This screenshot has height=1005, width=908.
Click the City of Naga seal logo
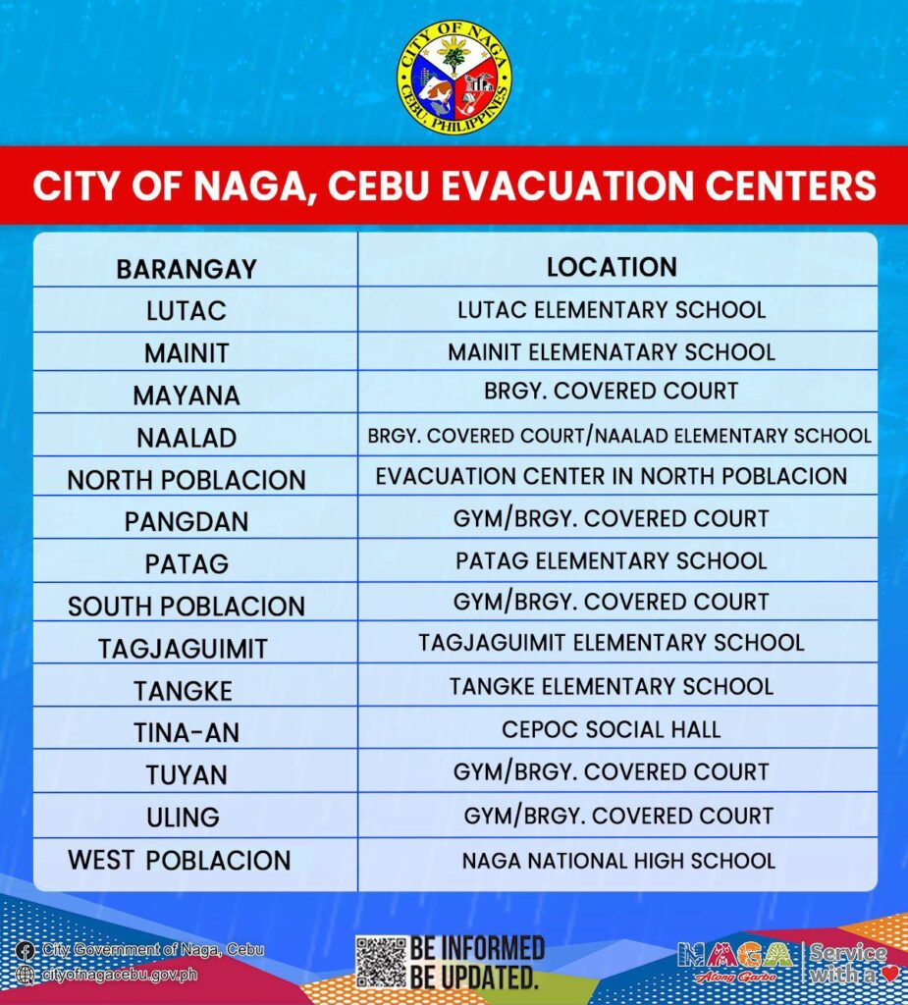[454, 77]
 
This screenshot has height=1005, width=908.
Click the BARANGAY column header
[187, 269]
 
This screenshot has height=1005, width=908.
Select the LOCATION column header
[612, 267]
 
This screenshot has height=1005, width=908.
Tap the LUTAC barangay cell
[187, 311]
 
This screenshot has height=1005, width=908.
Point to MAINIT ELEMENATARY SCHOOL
[612, 351]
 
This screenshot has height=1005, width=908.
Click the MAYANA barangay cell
[187, 396]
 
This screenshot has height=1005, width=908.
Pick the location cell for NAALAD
[619, 435]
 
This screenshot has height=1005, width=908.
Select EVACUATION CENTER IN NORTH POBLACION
[611, 476]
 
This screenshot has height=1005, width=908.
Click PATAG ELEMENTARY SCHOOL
[611, 560]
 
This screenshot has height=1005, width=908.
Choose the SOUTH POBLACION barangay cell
[187, 606]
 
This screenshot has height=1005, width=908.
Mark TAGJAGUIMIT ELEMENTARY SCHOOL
[611, 643]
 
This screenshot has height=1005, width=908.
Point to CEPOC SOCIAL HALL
[611, 729]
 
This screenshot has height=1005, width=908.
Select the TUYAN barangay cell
[187, 774]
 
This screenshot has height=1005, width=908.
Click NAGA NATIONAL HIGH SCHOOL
[618, 861]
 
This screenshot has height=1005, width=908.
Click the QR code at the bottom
[381, 961]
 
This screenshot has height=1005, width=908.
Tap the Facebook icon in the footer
[27, 950]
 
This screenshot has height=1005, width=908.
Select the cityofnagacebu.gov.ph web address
[120, 975]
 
